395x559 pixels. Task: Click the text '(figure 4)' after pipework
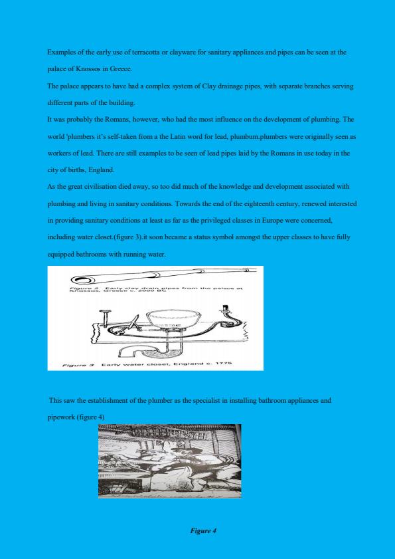[x=90, y=417]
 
